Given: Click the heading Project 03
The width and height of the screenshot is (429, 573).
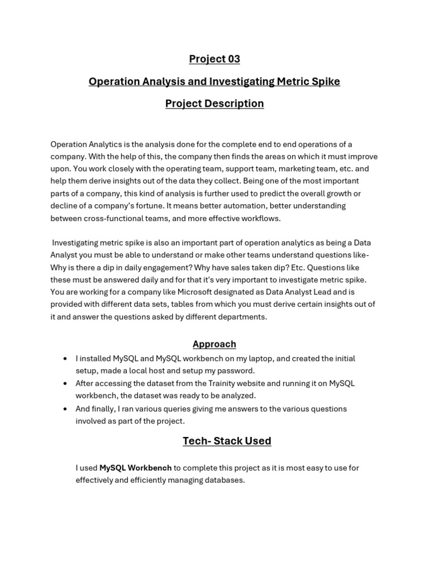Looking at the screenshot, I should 214,59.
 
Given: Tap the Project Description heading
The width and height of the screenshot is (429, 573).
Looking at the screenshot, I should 214,104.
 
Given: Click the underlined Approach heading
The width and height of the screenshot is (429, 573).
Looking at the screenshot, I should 214,344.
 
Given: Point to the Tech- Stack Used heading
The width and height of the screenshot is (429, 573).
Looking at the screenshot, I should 227,441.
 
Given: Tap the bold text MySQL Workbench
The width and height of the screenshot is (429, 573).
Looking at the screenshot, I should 135,468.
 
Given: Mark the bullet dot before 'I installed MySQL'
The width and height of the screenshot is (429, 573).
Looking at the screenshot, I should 66,358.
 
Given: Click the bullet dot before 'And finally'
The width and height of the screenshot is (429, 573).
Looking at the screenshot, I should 66,408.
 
